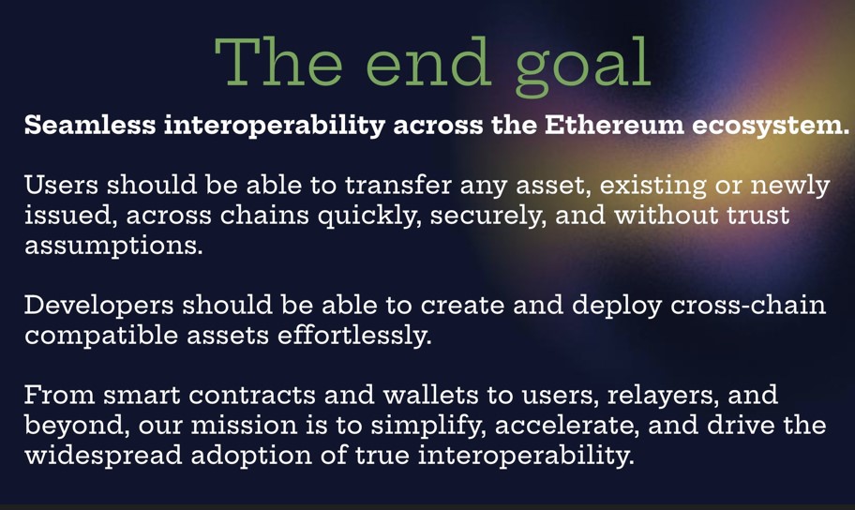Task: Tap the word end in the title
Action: click(427, 61)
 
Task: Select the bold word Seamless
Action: click(90, 125)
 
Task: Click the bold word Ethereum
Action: click(614, 125)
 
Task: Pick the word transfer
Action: click(398, 185)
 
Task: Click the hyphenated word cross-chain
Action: click(748, 305)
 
